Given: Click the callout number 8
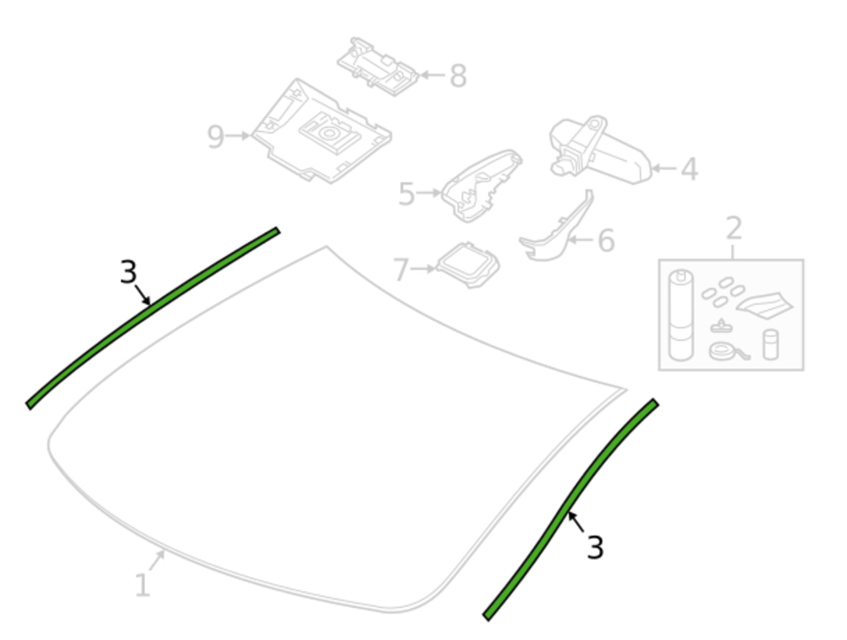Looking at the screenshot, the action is [x=458, y=76].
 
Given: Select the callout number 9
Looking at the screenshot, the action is [x=216, y=136].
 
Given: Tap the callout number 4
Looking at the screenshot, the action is [x=689, y=169].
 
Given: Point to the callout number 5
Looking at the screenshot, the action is [x=406, y=194].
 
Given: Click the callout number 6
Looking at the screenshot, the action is [x=606, y=240].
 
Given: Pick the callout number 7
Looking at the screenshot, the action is [x=401, y=270].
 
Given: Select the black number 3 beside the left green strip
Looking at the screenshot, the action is [x=129, y=272].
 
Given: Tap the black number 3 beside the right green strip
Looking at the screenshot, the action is [x=595, y=547].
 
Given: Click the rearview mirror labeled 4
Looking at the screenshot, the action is [x=600, y=151].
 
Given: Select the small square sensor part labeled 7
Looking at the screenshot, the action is [x=468, y=265].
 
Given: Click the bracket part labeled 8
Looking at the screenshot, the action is [x=377, y=67].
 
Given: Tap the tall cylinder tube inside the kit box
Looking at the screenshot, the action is [x=681, y=315].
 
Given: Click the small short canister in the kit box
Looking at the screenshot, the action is [x=771, y=345].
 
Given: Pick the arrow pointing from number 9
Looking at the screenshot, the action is [x=238, y=136].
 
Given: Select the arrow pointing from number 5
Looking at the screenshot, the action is [x=428, y=193].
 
